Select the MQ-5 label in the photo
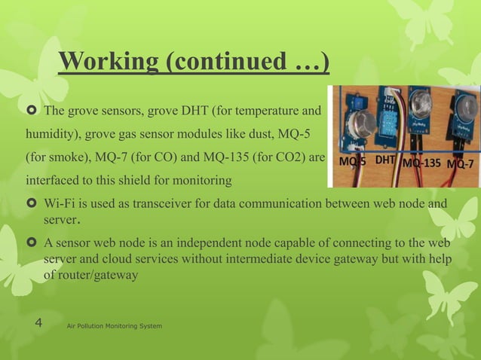(353, 162)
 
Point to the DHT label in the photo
(385, 160)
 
